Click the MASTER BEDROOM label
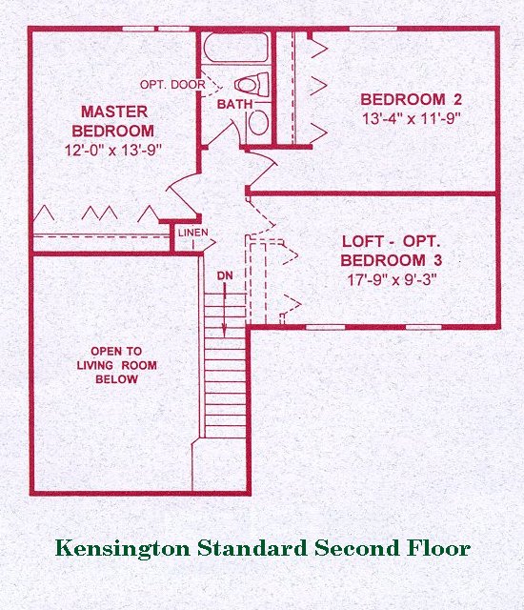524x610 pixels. [113, 121]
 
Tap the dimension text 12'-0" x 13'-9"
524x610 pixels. [112, 151]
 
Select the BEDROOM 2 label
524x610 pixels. [412, 99]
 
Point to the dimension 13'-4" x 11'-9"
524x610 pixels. [412, 118]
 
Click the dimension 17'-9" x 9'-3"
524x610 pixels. [391, 279]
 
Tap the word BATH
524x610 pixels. [234, 104]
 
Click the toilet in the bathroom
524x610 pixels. [252, 84]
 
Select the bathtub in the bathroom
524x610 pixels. [235, 48]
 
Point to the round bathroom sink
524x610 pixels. [258, 123]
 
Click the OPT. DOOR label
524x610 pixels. [172, 85]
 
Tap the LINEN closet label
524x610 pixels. [193, 233]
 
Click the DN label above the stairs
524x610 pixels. [225, 275]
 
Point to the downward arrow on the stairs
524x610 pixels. [225, 309]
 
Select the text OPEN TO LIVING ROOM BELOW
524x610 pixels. [116, 365]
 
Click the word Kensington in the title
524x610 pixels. [123, 549]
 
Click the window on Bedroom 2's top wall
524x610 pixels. [373, 29]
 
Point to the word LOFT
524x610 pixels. [363, 241]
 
